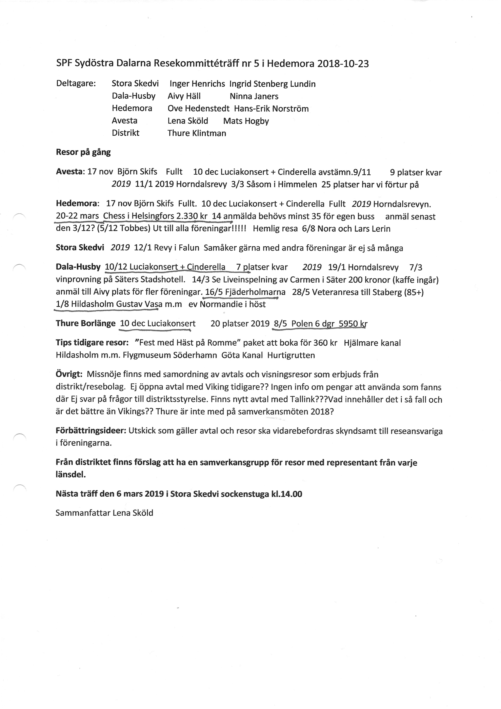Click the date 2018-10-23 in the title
pos(343,64)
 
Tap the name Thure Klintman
pos(197,133)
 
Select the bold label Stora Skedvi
pos(80,248)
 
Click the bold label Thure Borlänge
pos(85,323)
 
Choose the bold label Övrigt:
pos(69,374)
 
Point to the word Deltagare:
pos(76,84)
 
